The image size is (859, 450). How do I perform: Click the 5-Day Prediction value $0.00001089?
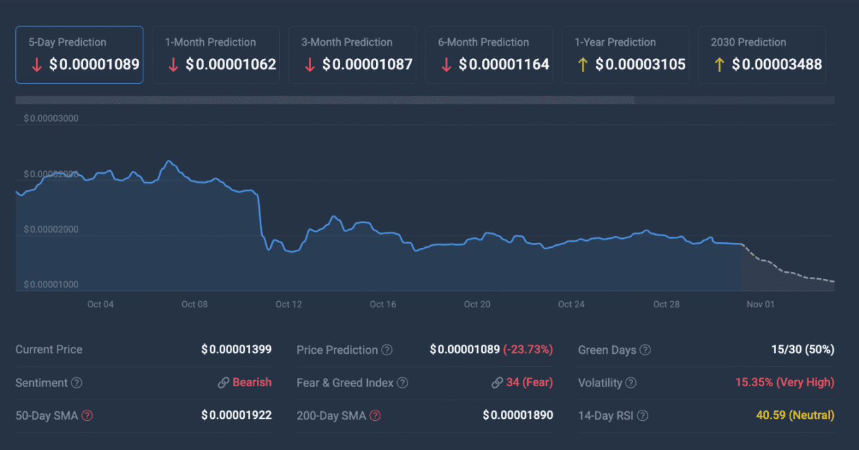(x=94, y=64)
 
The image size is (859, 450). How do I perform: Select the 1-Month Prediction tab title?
(x=210, y=42)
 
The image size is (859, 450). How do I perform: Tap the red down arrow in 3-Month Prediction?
(x=310, y=64)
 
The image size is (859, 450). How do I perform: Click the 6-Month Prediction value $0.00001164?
(x=504, y=64)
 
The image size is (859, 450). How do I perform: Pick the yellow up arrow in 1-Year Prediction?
(x=583, y=64)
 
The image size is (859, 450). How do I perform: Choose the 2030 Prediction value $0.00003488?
(x=777, y=64)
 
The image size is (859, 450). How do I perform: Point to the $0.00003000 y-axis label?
(x=51, y=118)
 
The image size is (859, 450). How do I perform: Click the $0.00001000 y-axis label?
(x=51, y=285)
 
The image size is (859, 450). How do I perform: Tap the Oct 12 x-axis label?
(x=288, y=305)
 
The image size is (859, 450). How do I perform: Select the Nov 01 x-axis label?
(x=760, y=305)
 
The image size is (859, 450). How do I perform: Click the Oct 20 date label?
(x=477, y=305)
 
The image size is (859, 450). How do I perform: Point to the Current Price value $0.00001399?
(x=236, y=350)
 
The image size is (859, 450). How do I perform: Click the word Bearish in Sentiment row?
(x=252, y=382)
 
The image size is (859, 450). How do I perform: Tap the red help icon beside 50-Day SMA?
(x=87, y=415)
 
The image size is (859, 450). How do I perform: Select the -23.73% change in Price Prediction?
(x=528, y=350)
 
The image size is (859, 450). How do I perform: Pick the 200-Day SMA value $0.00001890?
(x=517, y=415)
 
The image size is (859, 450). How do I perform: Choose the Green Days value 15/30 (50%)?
(x=802, y=350)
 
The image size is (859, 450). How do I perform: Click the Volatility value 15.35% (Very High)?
(x=784, y=382)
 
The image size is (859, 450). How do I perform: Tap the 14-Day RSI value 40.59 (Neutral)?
(x=795, y=415)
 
